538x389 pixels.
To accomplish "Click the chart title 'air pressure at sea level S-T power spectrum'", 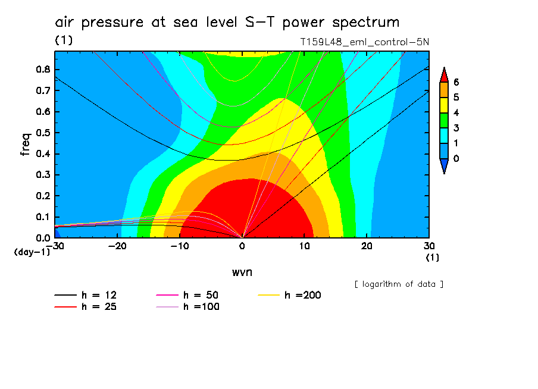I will point(227,23).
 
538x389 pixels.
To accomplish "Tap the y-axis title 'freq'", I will point(26,144).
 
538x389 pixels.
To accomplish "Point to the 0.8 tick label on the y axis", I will point(43,69).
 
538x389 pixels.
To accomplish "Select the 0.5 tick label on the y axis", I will point(43,133).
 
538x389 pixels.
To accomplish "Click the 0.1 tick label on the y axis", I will point(43,217).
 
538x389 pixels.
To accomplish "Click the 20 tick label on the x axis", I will point(367,245).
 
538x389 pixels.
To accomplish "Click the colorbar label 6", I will point(456,82).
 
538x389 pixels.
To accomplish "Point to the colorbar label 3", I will point(456,128).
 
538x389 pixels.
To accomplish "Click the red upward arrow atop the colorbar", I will point(443,74).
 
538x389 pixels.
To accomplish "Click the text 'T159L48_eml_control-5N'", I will point(365,42).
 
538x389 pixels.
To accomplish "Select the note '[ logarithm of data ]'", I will point(399,284).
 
